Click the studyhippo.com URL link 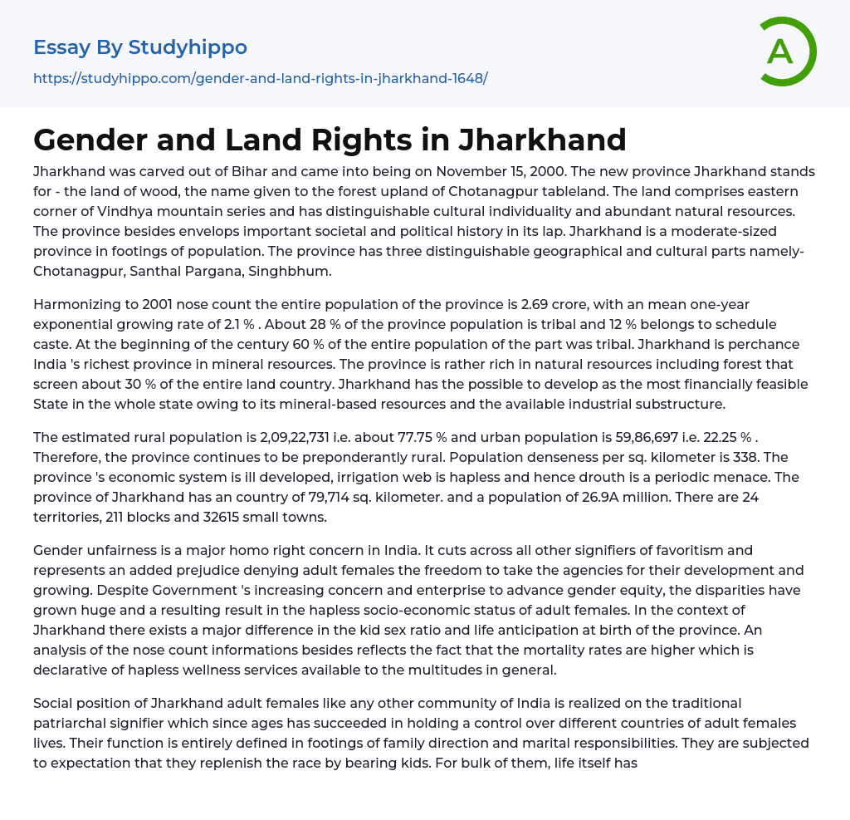(x=260, y=79)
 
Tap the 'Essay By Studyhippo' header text (x=140, y=47)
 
